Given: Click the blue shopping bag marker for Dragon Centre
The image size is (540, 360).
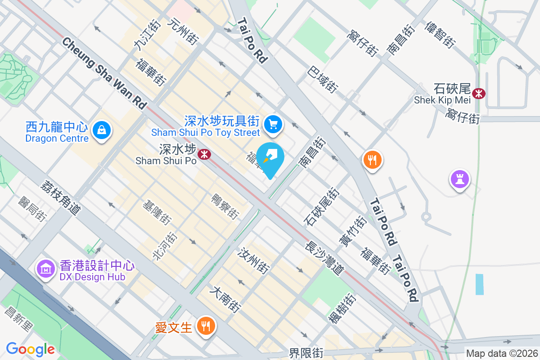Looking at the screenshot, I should (102, 131).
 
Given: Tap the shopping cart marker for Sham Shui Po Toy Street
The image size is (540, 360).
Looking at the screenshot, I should (273, 124).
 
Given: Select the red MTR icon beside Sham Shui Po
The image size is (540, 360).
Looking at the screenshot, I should (205, 154).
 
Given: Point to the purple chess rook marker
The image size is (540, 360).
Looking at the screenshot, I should (459, 180).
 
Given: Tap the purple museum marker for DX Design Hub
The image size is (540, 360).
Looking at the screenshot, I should (45, 269).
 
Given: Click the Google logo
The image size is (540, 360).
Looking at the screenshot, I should (30, 349).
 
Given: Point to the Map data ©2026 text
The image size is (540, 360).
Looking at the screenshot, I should (501, 353).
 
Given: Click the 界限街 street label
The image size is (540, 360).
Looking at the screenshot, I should (306, 353).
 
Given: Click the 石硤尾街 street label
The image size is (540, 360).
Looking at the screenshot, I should (322, 207).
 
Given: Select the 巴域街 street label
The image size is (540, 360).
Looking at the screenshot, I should (323, 79).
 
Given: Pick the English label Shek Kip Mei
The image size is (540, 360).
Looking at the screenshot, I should (442, 100).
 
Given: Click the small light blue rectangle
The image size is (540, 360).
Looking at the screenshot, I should (480, 284).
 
